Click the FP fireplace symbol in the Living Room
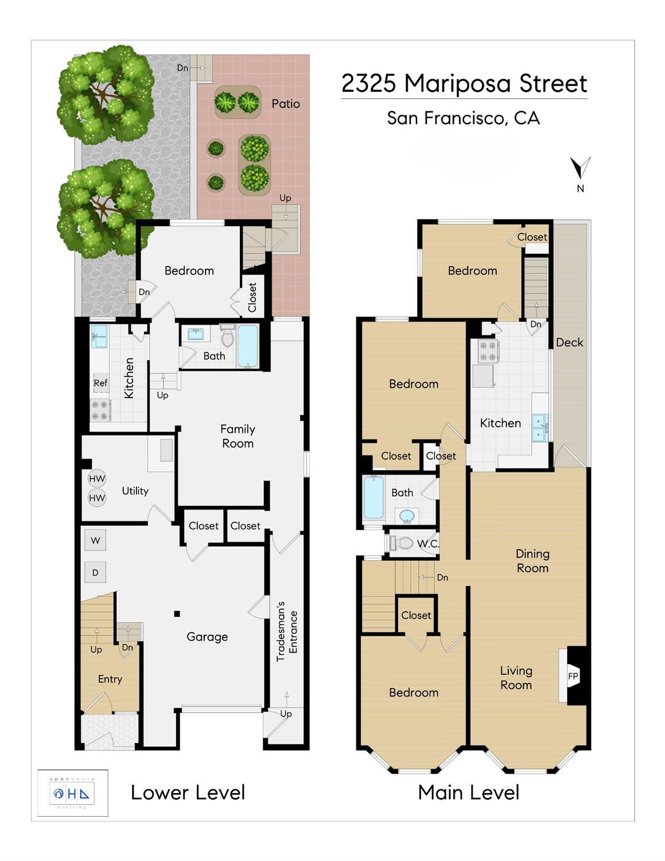point(573,676)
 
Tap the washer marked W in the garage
point(95,540)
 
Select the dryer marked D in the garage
point(95,572)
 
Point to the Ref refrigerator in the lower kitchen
point(100,383)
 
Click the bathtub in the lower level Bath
point(248,345)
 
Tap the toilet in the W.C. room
point(401,542)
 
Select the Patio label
point(286,104)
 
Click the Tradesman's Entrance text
point(287,631)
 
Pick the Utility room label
point(135,491)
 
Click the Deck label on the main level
point(569,342)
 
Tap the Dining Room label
point(532,561)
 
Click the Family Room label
point(238,436)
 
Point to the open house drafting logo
point(73,793)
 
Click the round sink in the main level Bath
point(407,515)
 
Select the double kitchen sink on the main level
point(539,428)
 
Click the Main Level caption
point(468,793)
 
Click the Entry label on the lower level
point(110,679)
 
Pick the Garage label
point(207,636)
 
